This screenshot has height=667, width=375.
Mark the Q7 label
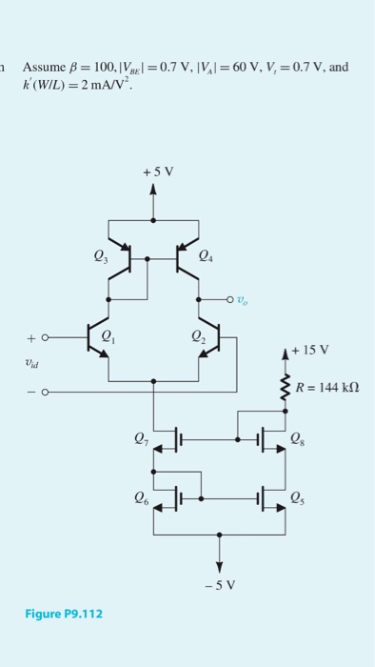coord(141,439)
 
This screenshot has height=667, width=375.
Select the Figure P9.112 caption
coord(63,613)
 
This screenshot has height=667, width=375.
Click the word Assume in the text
coord(42,67)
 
